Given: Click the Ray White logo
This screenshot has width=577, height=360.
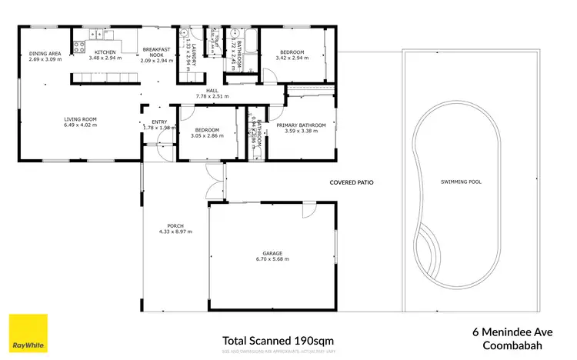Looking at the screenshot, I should pos(28,332).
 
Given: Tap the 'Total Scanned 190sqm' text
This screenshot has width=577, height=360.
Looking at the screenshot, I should pos(278,340).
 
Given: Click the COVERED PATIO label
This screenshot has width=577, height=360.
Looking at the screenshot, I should pos(351,183).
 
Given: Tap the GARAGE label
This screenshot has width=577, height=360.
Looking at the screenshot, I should pos(272,253).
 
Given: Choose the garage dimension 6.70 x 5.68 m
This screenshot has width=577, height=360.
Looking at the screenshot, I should pos(272,259).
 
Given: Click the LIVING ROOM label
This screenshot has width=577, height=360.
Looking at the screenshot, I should pos(79,119).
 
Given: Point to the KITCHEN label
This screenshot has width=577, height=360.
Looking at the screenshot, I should pos(105,52).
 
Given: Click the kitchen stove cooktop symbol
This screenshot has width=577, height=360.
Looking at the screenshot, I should pos(78,46).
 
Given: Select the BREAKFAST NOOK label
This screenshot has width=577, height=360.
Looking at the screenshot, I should pos(156,52).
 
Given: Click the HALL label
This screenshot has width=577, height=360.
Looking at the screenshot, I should pos(202,91).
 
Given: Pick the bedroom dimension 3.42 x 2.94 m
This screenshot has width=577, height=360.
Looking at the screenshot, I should pos(292,58).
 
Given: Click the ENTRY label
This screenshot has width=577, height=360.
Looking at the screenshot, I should pos(159,122).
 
